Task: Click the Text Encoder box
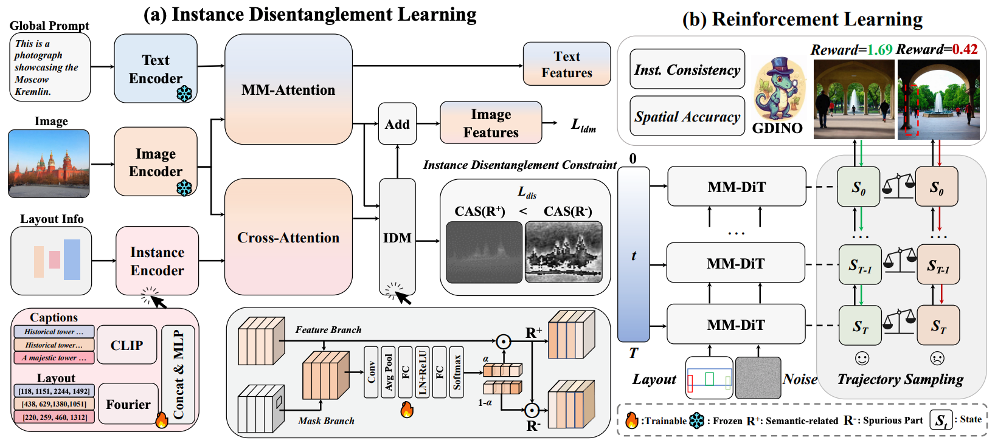[156, 69]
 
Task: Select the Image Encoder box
[156, 162]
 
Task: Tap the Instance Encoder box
[157, 261]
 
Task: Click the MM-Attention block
[288, 89]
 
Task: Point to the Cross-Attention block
[288, 237]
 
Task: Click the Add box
[397, 124]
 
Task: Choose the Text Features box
[566, 64]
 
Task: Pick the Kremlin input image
[49, 163]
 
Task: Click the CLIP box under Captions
[127, 345]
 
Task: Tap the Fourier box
[128, 404]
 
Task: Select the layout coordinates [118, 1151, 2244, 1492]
[54, 391]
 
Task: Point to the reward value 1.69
[879, 50]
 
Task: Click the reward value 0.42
[965, 50]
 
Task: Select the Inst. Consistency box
[687, 70]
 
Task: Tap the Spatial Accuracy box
[687, 116]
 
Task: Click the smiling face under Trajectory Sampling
[861, 359]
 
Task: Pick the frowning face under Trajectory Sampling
[937, 359]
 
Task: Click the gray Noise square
[758, 378]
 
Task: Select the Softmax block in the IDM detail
[457, 372]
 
